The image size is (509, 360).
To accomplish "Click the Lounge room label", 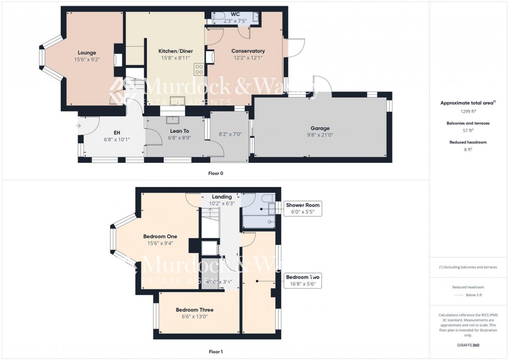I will (x=87, y=52).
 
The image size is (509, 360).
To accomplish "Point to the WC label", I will (x=227, y=15).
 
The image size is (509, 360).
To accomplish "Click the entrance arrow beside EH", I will (x=78, y=125).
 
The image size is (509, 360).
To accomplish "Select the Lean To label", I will (x=179, y=131).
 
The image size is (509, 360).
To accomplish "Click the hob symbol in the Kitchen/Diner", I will (x=198, y=69).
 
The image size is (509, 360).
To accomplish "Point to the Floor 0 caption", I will (x=216, y=173).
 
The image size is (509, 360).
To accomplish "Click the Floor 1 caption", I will (x=216, y=352).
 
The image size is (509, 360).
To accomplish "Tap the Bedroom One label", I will (x=160, y=236).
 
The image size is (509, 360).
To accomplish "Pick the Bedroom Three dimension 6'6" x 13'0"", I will (x=194, y=316).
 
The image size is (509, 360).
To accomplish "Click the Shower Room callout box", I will (x=303, y=209).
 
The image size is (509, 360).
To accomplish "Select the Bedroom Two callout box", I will (x=302, y=281).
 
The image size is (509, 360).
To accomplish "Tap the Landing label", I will (x=222, y=197).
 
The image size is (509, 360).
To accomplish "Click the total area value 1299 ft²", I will (x=468, y=111).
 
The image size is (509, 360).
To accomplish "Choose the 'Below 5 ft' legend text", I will (x=473, y=295).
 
